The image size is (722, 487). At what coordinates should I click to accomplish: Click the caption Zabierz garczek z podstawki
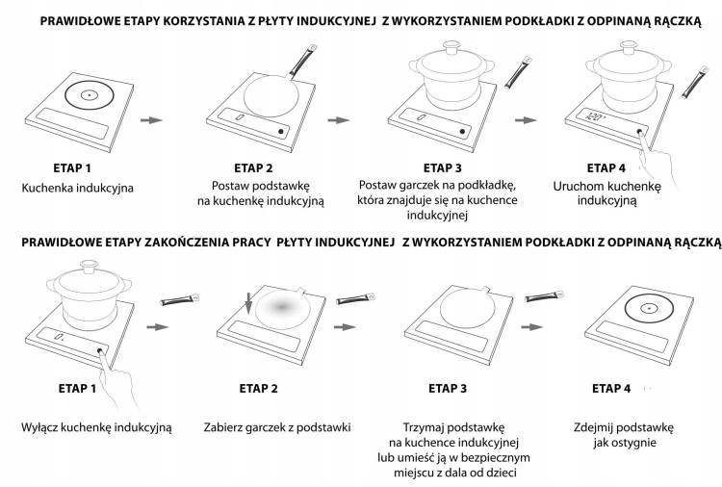[276, 425]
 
